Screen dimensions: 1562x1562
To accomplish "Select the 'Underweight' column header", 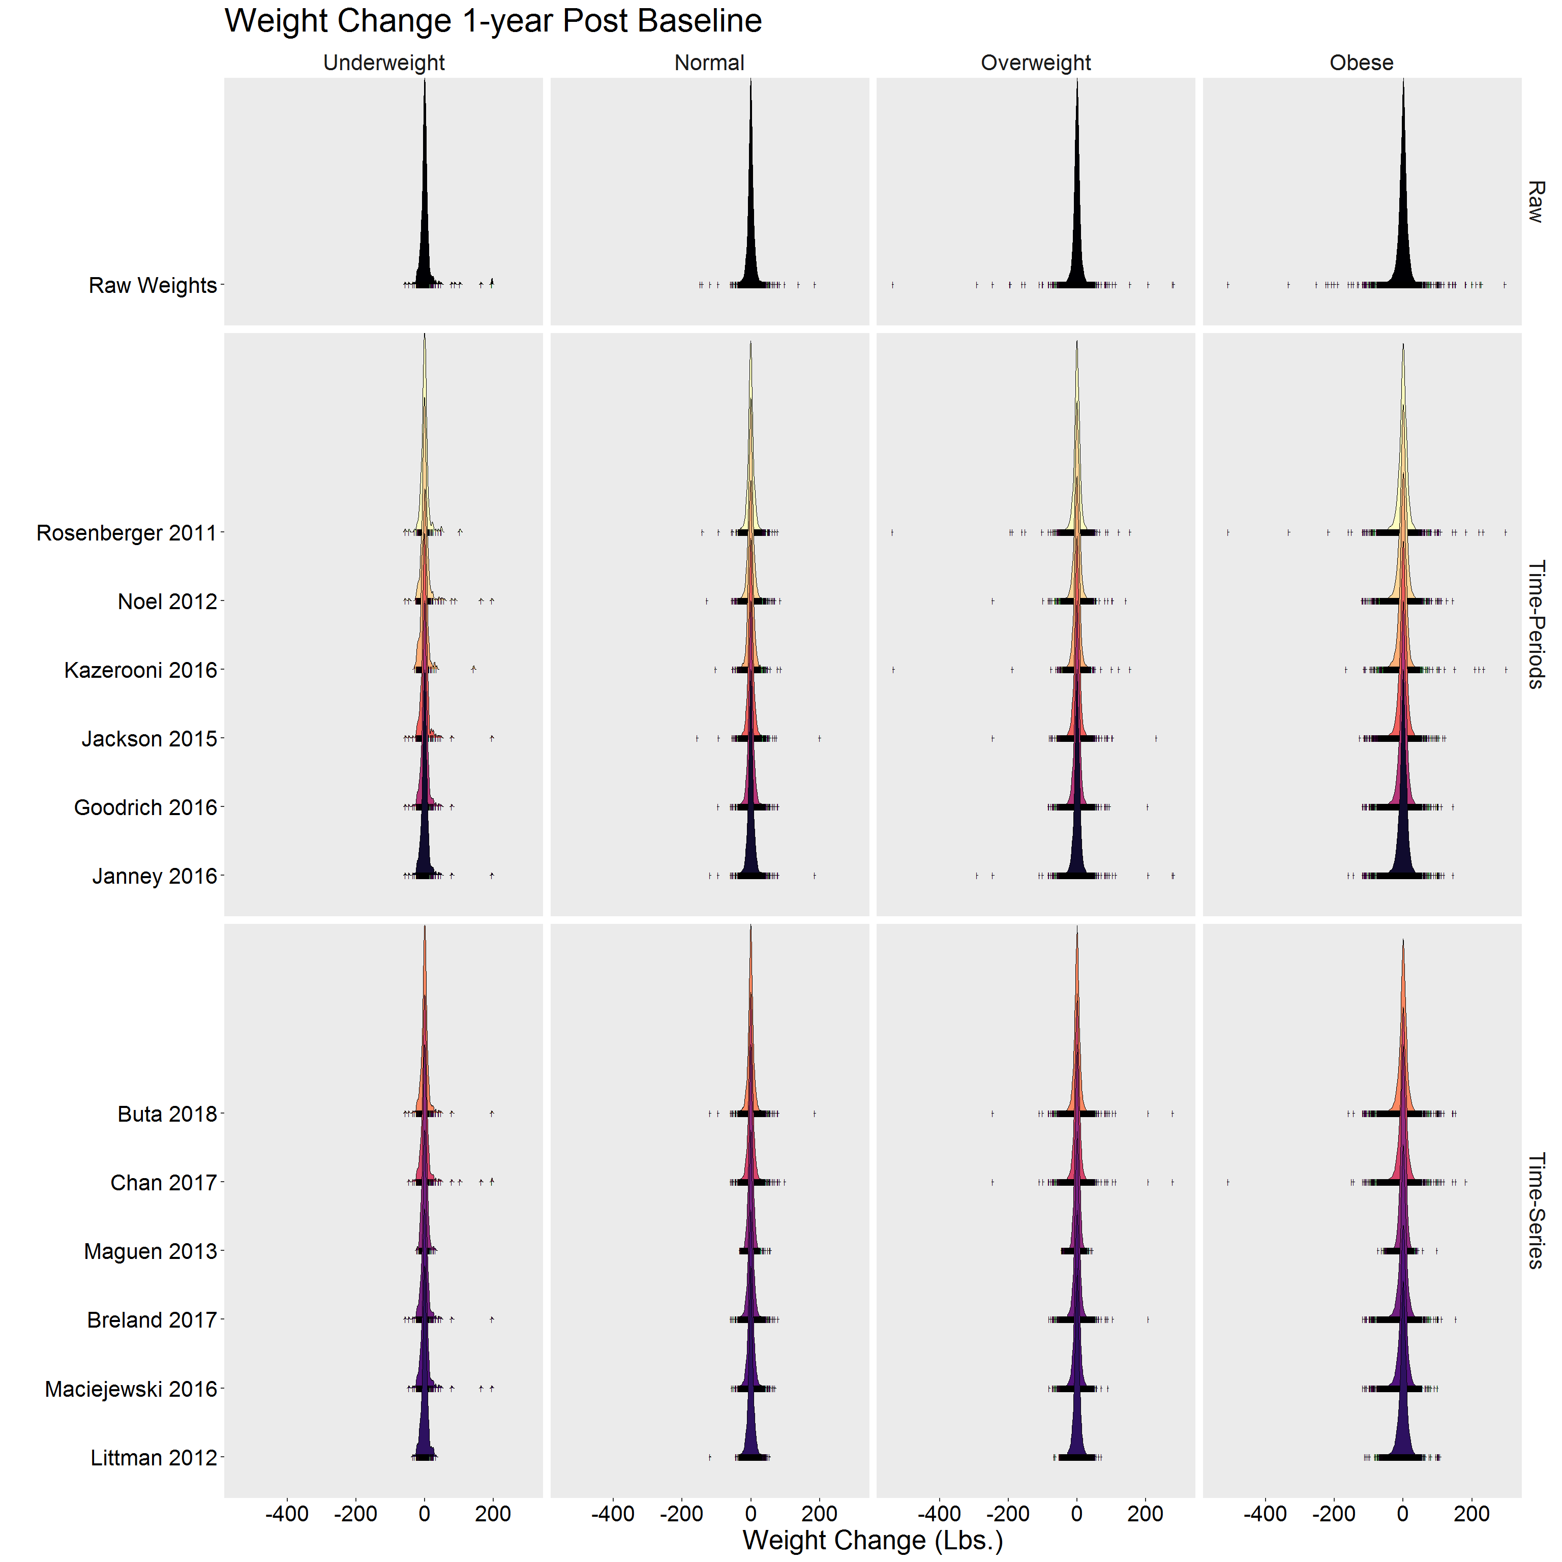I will click(383, 63).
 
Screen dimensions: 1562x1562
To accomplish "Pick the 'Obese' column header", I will click(1362, 63).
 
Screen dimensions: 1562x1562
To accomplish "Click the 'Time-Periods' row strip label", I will click(1536, 624).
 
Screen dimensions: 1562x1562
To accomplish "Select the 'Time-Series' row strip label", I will click(1536, 1210).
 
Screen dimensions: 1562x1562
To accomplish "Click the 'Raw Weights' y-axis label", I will click(153, 285).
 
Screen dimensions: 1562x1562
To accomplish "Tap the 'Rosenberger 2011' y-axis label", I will click(127, 533).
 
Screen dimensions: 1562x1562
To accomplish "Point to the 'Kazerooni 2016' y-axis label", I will click(141, 670).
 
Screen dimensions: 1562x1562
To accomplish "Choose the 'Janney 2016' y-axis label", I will click(155, 877).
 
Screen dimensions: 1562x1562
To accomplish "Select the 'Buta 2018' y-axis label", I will click(167, 1114).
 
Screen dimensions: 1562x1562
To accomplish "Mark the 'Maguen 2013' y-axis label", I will click(151, 1251).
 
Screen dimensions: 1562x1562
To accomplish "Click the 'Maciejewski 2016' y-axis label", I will click(131, 1389).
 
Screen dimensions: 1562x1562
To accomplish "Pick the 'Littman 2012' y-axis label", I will click(154, 1458).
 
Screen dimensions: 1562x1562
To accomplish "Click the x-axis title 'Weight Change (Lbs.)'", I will click(873, 1540).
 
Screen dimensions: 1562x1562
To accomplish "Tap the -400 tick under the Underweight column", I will click(287, 1514).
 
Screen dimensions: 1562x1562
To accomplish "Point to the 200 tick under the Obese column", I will click(1471, 1514).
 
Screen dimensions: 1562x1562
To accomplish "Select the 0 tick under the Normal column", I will click(750, 1514).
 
